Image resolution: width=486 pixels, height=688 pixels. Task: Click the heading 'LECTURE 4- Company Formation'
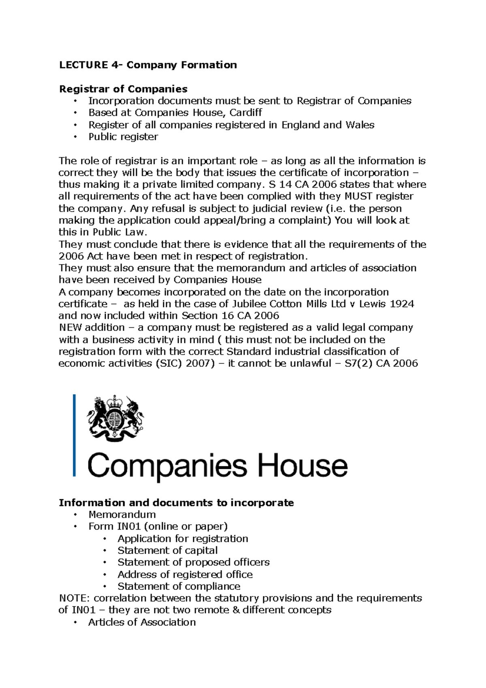[x=148, y=65]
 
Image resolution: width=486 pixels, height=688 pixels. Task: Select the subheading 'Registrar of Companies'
[x=123, y=89]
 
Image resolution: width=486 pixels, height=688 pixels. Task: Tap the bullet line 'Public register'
[x=123, y=137]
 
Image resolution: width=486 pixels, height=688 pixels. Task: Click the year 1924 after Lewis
[x=401, y=304]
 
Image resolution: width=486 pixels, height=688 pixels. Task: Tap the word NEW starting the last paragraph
[x=69, y=327]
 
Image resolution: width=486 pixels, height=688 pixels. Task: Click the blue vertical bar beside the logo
[x=75, y=436]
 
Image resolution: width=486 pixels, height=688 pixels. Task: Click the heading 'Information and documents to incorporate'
[x=176, y=503]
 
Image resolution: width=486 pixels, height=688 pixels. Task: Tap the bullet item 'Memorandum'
[x=122, y=515]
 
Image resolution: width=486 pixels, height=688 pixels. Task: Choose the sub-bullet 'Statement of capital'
[x=167, y=551]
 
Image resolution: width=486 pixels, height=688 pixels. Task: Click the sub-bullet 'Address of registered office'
[x=185, y=575]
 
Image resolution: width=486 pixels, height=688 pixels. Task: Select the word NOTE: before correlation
[x=74, y=598]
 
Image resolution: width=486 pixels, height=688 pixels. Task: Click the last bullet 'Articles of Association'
[x=142, y=622]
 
